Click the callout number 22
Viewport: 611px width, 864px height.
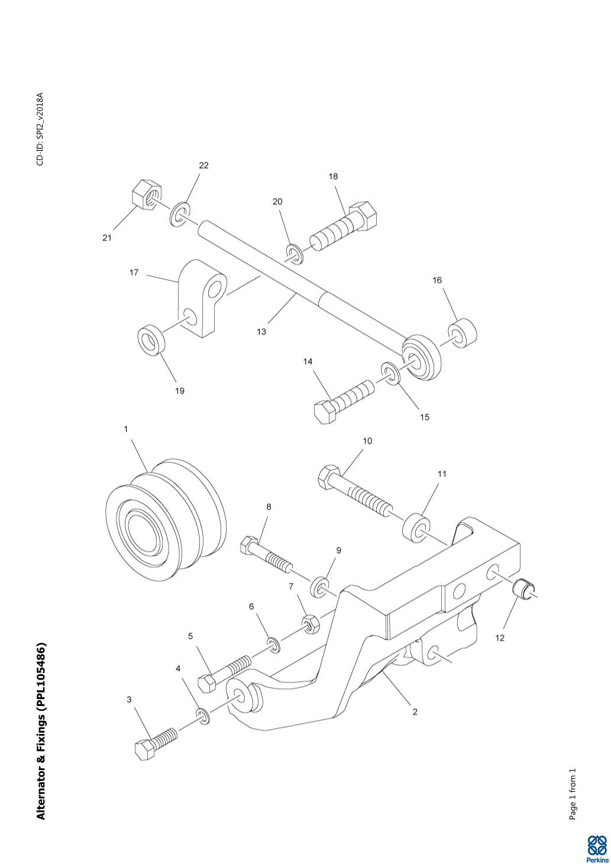click(x=203, y=166)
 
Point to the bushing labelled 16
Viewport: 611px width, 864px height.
click(x=461, y=334)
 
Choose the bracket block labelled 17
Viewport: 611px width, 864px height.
click(x=201, y=299)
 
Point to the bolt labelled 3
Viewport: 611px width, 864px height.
click(x=156, y=742)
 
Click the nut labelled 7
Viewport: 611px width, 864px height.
click(x=311, y=623)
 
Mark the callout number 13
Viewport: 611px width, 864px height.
click(x=261, y=332)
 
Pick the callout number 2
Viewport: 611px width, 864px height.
click(x=415, y=712)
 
